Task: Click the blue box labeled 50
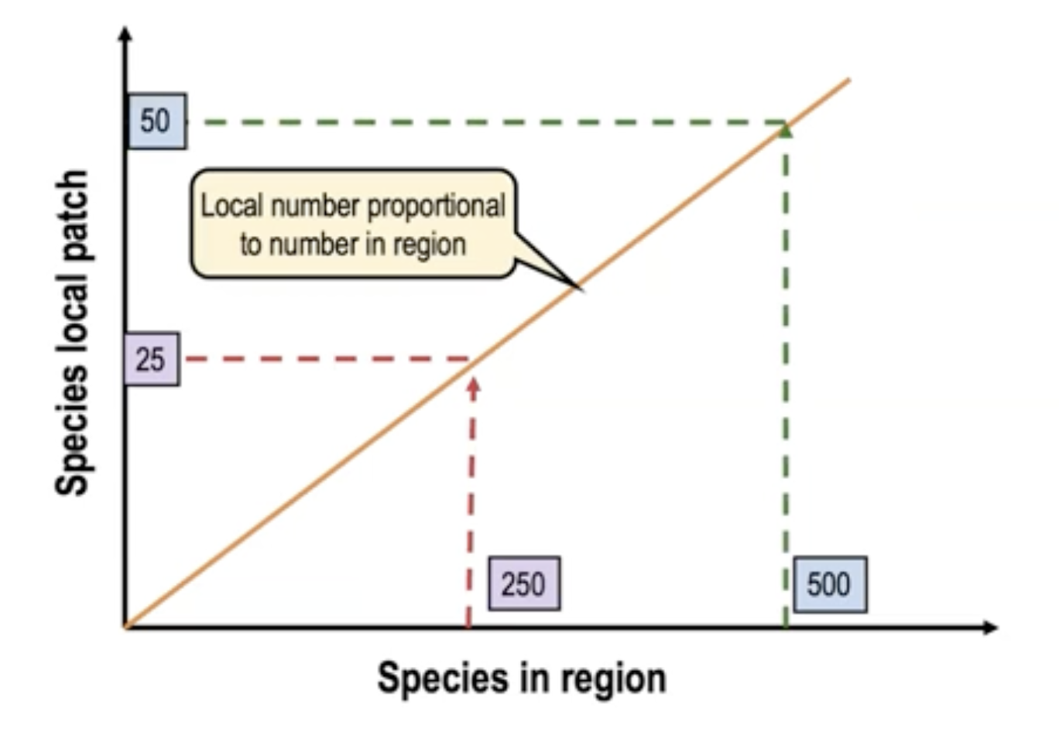[156, 121]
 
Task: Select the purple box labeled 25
[151, 359]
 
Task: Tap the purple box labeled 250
[524, 583]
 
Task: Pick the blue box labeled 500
[828, 583]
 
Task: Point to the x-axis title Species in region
[521, 679]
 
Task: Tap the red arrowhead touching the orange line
[474, 383]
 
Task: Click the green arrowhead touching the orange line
[786, 131]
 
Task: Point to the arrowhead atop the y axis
[125, 34]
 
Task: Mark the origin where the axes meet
[126, 626]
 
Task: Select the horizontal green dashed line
[480, 122]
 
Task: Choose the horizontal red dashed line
[325, 359]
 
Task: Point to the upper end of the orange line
[848, 80]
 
